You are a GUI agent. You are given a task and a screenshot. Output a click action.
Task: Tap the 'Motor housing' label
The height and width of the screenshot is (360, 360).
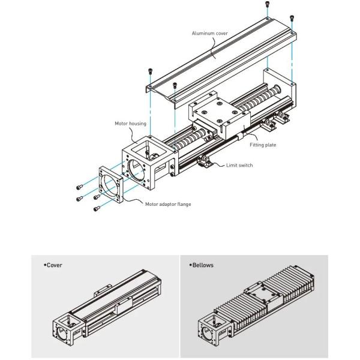pos(131,123)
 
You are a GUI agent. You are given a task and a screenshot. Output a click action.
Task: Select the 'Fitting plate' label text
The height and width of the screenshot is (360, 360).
pos(263,145)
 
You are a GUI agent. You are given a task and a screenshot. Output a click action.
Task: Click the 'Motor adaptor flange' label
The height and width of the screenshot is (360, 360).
pos(167,204)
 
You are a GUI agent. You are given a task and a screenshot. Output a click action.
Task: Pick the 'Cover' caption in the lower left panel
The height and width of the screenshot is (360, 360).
pos(54,265)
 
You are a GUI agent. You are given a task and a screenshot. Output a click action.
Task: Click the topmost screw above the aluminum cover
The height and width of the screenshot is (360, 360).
pos(266,5)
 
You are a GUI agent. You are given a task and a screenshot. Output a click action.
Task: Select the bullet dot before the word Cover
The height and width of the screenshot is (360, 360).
pos(45,265)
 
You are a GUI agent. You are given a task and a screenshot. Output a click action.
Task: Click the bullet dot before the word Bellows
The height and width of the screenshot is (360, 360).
pos(191,265)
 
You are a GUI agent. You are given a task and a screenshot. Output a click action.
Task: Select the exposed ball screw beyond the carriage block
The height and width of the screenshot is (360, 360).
pos(261,99)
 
